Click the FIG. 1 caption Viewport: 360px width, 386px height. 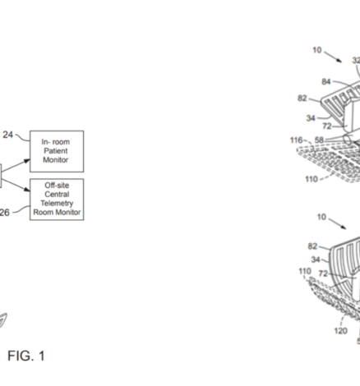pyautogui.click(x=26, y=356)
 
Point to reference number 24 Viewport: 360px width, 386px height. pyautogui.click(x=8, y=135)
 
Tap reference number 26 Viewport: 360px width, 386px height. pyautogui.click(x=4, y=213)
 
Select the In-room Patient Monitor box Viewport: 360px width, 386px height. pyautogui.click(x=57, y=151)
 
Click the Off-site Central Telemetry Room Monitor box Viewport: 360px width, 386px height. pyautogui.click(x=57, y=200)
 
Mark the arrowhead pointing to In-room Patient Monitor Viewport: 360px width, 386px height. pyautogui.click(x=27, y=161)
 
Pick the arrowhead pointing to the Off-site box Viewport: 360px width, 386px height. pyautogui.click(x=27, y=189)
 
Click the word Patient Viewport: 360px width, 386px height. pyautogui.click(x=56, y=151)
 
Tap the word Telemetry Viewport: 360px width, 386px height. pyautogui.click(x=57, y=203)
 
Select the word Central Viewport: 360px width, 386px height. pyautogui.click(x=57, y=194)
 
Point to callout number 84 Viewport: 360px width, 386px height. pyautogui.click(x=326, y=81)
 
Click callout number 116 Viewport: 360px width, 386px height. pyautogui.click(x=296, y=140)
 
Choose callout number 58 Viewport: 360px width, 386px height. pyautogui.click(x=319, y=140)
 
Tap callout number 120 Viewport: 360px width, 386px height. pyautogui.click(x=340, y=331)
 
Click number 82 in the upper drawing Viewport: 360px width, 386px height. pyautogui.click(x=302, y=98)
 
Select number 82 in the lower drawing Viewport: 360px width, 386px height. pyautogui.click(x=312, y=246)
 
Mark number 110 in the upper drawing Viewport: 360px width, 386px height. pyautogui.click(x=312, y=179)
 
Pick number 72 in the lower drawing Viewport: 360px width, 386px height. pyautogui.click(x=323, y=273)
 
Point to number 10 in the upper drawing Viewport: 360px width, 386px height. pyautogui.click(x=317, y=50)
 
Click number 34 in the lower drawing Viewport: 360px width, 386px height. pyautogui.click(x=316, y=260)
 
